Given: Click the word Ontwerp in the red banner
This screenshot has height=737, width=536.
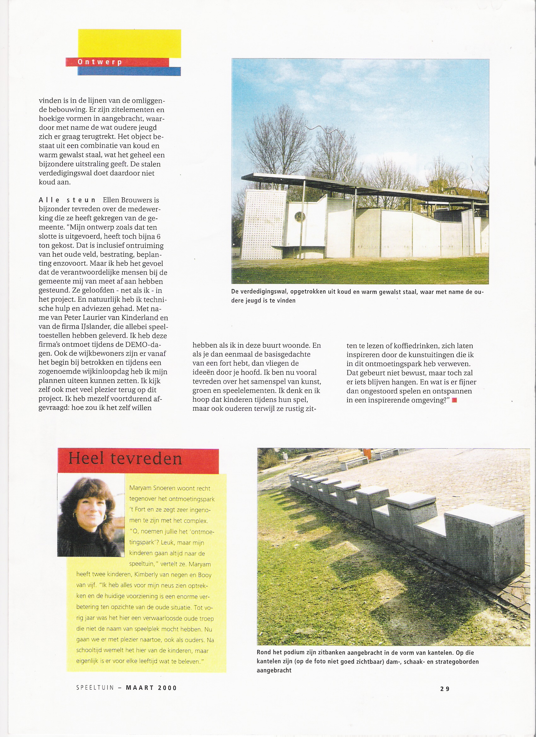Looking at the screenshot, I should pyautogui.click(x=99, y=62).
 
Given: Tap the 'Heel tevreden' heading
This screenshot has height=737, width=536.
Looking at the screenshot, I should pyautogui.click(x=125, y=459).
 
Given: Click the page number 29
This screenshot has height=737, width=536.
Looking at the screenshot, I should pyautogui.click(x=445, y=688).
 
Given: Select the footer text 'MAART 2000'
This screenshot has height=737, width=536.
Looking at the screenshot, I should pyautogui.click(x=151, y=688).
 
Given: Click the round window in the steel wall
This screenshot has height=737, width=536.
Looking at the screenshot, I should pyautogui.click(x=300, y=217).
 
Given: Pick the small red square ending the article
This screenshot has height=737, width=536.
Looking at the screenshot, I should pyautogui.click(x=454, y=400).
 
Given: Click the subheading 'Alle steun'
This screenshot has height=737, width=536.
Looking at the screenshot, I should pyautogui.click(x=67, y=200).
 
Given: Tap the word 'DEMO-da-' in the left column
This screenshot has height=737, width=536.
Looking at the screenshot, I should pyautogui.click(x=145, y=345).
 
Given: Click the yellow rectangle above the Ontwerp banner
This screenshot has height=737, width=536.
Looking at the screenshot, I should pyautogui.click(x=129, y=43).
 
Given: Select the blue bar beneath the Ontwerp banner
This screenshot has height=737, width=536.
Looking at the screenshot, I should pyautogui.click(x=129, y=72).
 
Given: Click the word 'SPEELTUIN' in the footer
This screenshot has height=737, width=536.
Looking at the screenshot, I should pyautogui.click(x=95, y=688).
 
